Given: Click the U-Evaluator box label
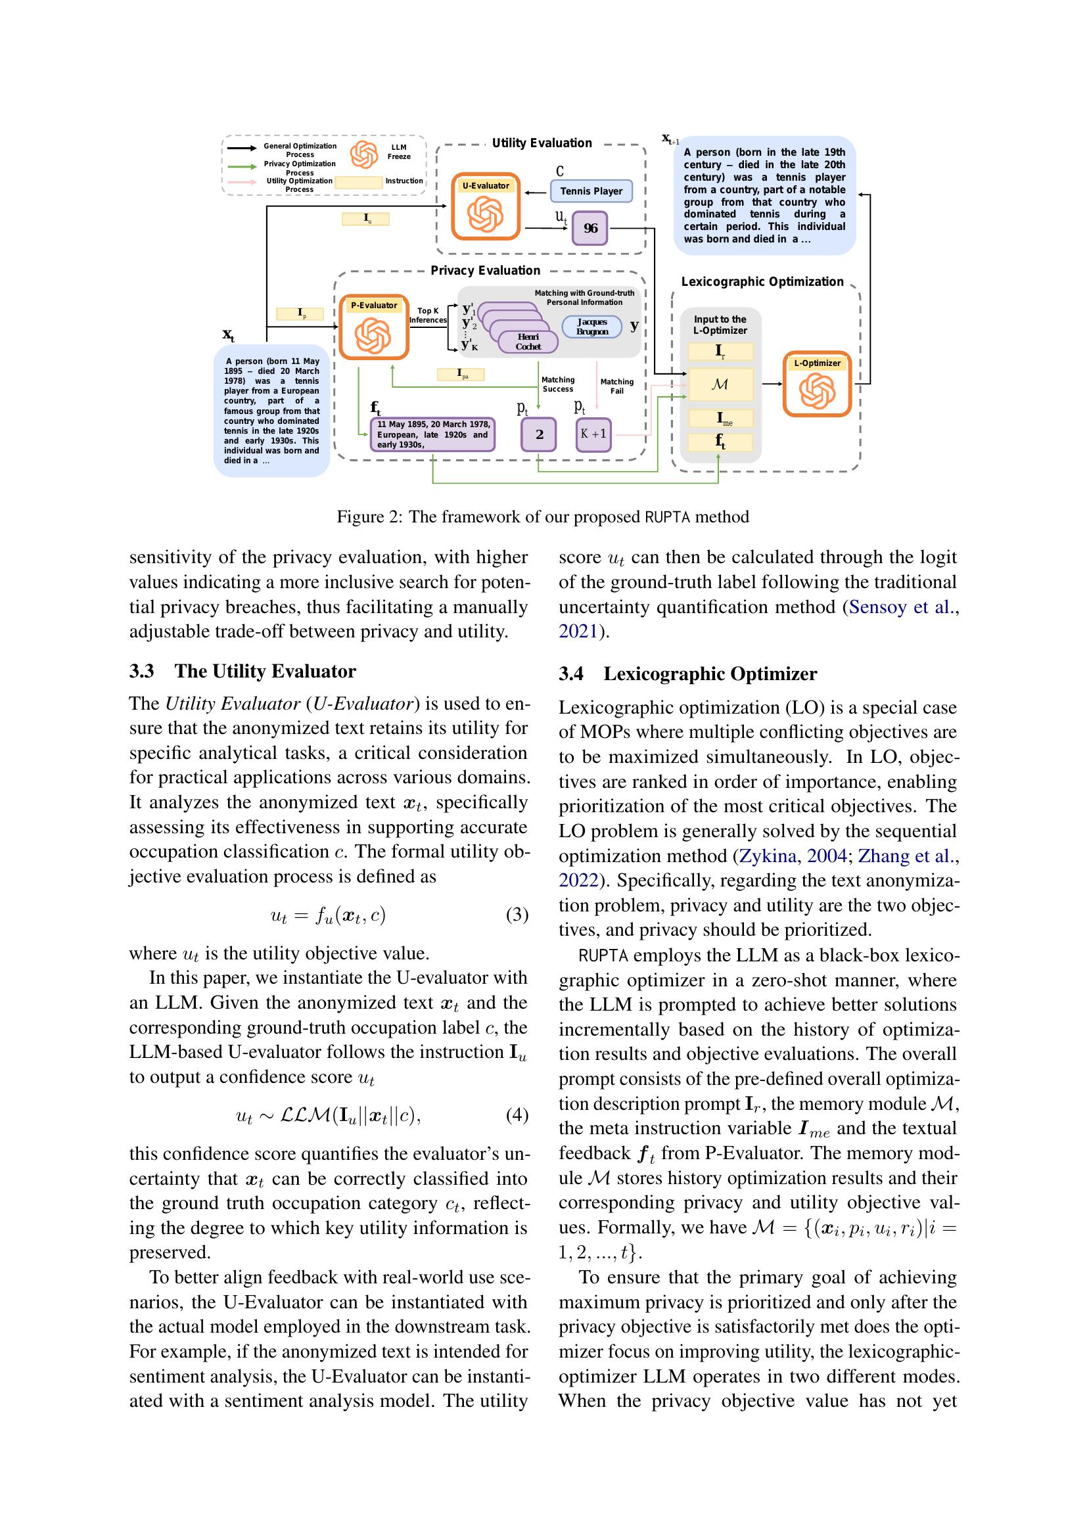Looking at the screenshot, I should (485, 185).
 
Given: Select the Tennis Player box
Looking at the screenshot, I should (591, 191).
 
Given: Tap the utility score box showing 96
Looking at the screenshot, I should (590, 228).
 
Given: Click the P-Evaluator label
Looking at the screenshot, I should (373, 306).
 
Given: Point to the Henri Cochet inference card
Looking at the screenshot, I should (528, 342).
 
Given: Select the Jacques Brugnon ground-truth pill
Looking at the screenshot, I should (591, 327).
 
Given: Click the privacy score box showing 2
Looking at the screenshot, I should (539, 434).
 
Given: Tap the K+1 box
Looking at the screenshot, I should (593, 434).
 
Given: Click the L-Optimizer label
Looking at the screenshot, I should (817, 363).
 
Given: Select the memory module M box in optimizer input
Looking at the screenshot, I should (720, 384).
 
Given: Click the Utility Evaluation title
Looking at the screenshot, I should (542, 143).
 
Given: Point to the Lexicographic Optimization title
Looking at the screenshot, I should (762, 282).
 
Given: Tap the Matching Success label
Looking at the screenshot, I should (557, 384).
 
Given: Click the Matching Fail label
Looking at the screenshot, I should (616, 386).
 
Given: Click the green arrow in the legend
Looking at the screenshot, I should (242, 166).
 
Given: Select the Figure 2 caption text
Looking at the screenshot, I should (542, 516).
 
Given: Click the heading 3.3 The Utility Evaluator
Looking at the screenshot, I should (243, 671).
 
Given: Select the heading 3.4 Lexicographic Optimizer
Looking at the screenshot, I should (688, 674).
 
